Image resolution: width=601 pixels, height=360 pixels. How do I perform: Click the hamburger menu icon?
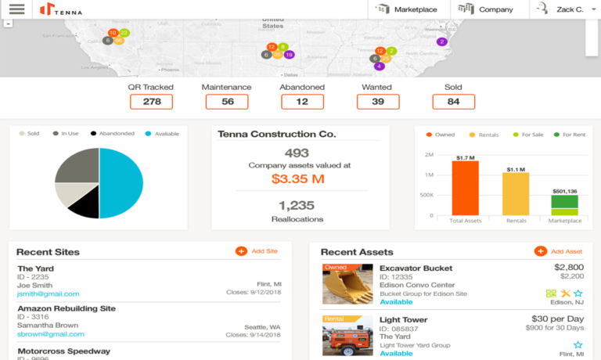coord(16,9)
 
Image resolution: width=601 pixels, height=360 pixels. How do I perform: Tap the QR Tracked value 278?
coord(151,102)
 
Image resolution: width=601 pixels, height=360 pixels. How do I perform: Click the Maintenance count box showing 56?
coord(227,102)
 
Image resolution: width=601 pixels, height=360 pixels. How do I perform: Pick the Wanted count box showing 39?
coord(378,102)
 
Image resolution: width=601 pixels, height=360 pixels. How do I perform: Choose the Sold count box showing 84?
coord(454,102)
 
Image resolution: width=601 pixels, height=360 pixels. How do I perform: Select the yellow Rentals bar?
coord(516,194)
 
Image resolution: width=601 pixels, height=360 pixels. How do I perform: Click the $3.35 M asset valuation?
coord(297,180)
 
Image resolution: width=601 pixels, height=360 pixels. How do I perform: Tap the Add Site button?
coord(257,251)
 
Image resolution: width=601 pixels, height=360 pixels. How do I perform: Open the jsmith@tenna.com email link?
coord(49,294)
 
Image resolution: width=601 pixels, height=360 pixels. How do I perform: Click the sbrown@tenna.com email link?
coord(49,334)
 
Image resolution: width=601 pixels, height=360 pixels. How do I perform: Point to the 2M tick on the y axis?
coord(430,155)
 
